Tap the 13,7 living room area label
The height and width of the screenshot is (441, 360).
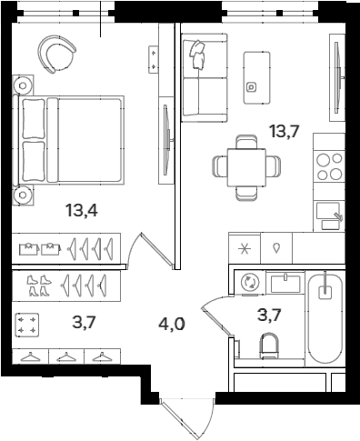point(285,132)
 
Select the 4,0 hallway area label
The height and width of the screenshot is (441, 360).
point(171,324)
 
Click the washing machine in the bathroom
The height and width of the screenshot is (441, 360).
point(246,283)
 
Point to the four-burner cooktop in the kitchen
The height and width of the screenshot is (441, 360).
point(328,167)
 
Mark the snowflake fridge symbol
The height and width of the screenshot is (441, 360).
point(244,248)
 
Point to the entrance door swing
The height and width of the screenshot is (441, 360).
point(187,416)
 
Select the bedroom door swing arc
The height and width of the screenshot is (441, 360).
point(145,246)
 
